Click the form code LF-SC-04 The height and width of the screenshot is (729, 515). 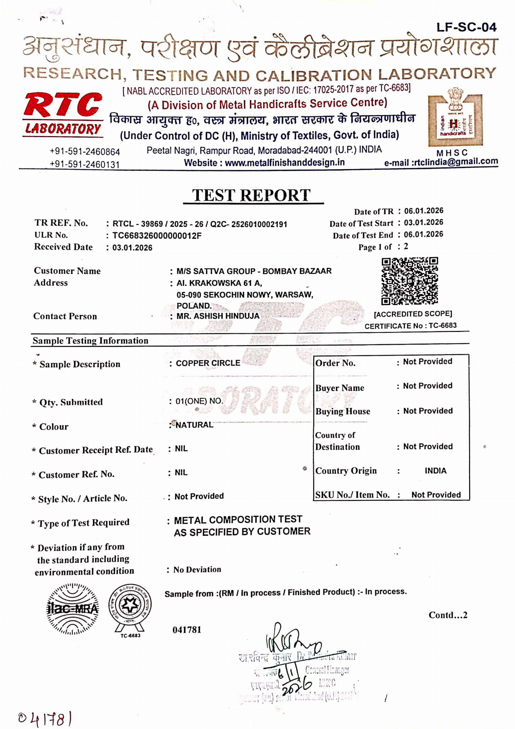[x=466, y=27]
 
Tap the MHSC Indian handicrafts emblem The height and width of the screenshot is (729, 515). [x=455, y=121]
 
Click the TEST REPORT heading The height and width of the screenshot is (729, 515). [x=251, y=195]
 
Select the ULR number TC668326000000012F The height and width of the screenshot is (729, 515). [x=157, y=236]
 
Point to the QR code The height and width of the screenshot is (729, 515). [x=410, y=281]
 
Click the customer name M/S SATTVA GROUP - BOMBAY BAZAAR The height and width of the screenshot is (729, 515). [x=254, y=271]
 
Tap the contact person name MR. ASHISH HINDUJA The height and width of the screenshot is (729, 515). [x=218, y=316]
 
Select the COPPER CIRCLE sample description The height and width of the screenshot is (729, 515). [x=208, y=363]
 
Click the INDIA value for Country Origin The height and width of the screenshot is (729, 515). [x=435, y=471]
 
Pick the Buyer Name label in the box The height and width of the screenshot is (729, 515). [x=340, y=388]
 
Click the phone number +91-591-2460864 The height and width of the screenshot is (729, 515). [x=85, y=152]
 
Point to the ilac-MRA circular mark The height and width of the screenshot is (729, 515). [x=73, y=609]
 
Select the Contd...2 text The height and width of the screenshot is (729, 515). [x=448, y=615]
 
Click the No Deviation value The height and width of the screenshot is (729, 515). [x=197, y=569]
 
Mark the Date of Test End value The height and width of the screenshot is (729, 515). [x=424, y=234]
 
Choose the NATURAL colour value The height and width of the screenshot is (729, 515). [x=194, y=425]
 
